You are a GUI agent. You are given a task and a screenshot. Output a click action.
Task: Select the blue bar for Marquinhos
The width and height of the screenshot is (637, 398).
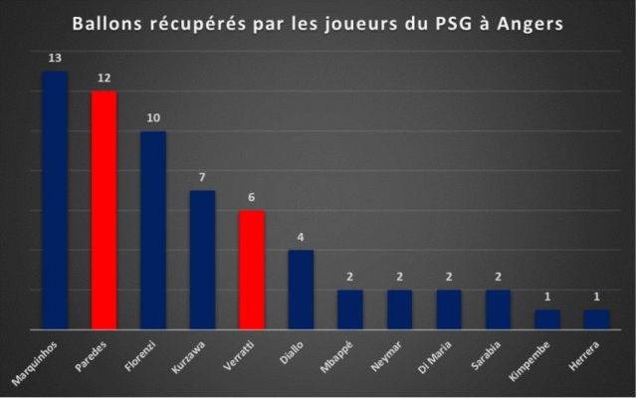[55, 199]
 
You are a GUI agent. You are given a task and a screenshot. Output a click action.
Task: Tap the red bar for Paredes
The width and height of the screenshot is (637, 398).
[104, 209]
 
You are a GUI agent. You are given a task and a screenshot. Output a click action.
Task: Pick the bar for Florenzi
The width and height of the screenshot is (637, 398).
[153, 229]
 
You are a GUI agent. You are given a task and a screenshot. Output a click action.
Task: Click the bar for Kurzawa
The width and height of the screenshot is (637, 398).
[202, 259]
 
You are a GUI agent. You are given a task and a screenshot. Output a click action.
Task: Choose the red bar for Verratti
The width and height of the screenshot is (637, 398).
[252, 269]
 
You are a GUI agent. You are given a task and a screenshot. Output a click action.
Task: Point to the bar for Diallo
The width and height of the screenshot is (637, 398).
[301, 289]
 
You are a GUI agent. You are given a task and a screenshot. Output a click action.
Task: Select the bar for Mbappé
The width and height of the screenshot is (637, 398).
[350, 308]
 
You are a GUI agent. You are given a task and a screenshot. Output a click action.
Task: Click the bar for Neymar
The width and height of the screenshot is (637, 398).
[399, 308]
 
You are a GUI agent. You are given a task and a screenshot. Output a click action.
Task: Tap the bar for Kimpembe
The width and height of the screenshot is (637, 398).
[547, 318]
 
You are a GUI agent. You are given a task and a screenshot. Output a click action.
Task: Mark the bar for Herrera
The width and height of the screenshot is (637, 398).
[596, 318]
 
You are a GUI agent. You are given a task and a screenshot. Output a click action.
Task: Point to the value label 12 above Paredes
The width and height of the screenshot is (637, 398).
[104, 79]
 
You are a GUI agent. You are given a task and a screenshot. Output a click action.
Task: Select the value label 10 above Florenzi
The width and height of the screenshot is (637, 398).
[153, 118]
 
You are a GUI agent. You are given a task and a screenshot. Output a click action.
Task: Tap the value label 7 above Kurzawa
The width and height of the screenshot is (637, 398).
[202, 178]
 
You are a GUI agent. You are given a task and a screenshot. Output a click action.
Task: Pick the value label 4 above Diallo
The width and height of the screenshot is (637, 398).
[301, 238]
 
